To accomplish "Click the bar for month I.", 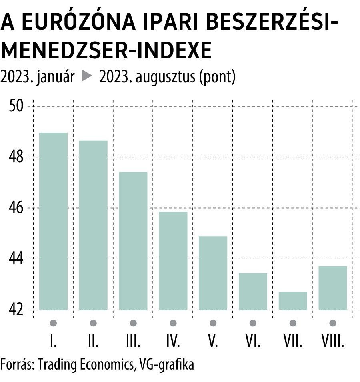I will coord(54,221).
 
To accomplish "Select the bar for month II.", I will coord(93,225).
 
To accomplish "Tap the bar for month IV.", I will coord(173,261).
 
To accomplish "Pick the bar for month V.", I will coord(213,273).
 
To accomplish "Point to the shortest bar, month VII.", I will coord(293,300).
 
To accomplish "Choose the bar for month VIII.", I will coord(332,288).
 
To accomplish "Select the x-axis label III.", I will coord(133,341).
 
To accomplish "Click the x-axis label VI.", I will coord(253,341).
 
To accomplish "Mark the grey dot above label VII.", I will coord(293,323).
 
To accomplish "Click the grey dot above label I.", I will coord(54,323).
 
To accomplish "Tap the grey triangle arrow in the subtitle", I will coord(87,76).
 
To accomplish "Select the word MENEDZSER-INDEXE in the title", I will coord(106,51).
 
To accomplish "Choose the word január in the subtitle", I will coord(55,77).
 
